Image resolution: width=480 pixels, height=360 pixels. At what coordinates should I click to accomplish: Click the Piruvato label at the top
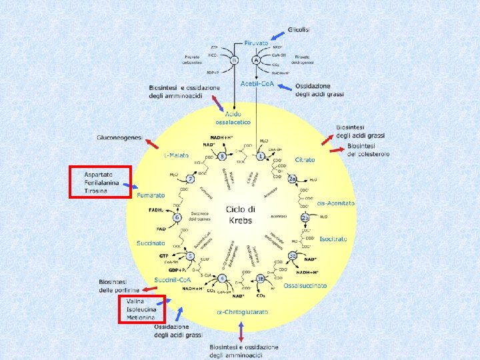click(x=256, y=43)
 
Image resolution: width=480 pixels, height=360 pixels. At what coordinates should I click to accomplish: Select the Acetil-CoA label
click(x=258, y=84)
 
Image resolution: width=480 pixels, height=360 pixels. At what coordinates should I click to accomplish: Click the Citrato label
click(x=305, y=160)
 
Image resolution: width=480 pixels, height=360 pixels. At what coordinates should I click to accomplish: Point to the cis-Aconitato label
click(x=336, y=203)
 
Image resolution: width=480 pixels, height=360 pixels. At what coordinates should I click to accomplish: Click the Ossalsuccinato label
click(x=305, y=285)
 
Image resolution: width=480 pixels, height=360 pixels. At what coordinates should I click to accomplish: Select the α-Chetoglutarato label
click(x=243, y=312)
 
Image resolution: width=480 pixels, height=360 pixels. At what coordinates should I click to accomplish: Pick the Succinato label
click(x=151, y=243)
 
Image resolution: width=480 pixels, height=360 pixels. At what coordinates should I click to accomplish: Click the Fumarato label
click(x=151, y=195)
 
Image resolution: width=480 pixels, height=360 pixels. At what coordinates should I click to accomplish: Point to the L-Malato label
click(x=176, y=155)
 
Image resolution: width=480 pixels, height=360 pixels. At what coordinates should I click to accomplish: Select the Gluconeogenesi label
click(x=119, y=137)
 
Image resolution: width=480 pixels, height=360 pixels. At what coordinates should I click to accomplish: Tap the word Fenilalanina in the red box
click(x=101, y=183)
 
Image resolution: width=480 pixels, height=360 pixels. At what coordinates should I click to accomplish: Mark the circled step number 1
click(x=261, y=157)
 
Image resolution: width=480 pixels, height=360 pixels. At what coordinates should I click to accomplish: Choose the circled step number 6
click(x=177, y=217)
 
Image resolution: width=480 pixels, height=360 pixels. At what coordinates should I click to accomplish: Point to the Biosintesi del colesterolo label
click(x=368, y=150)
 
